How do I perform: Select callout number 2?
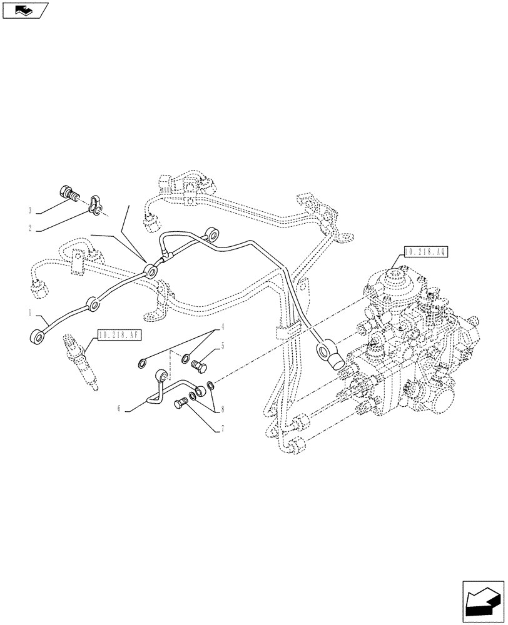click(x=29, y=229)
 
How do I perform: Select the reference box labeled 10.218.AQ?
click(x=425, y=252)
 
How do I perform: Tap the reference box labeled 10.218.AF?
click(x=119, y=336)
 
